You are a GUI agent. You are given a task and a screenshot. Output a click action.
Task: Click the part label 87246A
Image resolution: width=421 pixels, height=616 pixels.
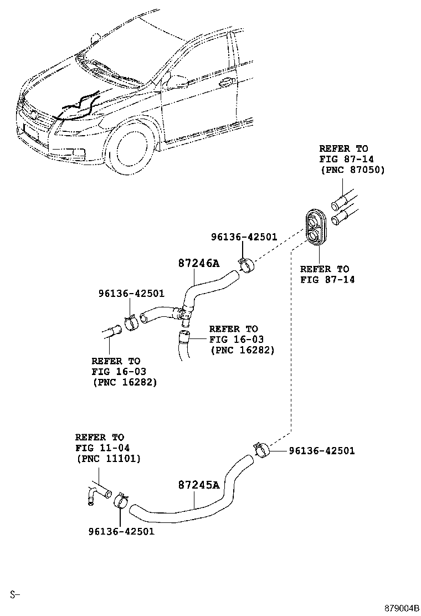pos(198,263)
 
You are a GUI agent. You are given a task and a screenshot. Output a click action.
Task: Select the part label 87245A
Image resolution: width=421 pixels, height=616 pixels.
pos(198,485)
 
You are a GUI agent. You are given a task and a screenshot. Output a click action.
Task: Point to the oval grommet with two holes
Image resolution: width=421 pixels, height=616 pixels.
pos(315,228)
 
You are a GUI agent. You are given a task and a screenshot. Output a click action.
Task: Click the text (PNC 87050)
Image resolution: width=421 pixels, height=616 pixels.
pos(352,170)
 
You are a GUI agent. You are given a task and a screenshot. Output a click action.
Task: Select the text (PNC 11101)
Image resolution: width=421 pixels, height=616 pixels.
pos(108,459)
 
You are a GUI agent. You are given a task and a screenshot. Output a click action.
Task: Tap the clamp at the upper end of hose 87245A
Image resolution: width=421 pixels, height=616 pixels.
pos(261,450)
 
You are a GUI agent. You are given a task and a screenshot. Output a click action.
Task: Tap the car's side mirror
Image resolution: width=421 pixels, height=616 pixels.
pos(178,81)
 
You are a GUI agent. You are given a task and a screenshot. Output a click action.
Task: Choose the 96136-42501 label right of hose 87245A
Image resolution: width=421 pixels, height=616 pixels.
pos(321,451)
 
